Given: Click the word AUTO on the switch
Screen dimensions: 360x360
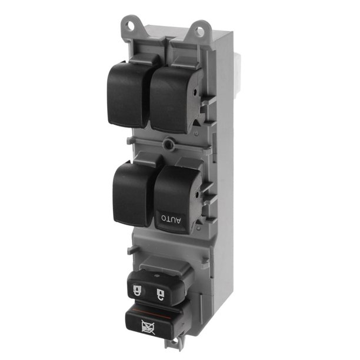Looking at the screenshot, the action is [171, 219].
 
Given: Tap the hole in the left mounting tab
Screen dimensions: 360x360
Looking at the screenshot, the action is [131, 25].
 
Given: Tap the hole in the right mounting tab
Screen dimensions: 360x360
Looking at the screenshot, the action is [200, 31].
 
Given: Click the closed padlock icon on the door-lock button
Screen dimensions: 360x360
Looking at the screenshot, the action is [137, 291].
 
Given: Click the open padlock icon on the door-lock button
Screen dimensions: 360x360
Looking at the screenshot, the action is [160, 294].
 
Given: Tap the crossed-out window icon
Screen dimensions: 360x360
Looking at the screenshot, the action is [148, 327].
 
